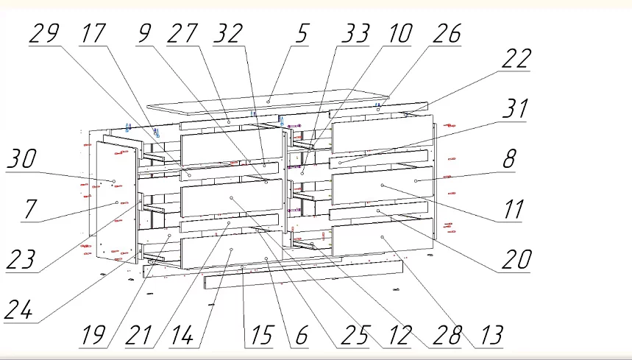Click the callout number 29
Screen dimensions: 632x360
click(x=45, y=33)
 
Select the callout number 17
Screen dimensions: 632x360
click(x=93, y=33)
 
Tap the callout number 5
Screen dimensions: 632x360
click(x=302, y=33)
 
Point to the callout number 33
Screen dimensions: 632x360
click(x=355, y=33)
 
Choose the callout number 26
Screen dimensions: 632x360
click(x=447, y=33)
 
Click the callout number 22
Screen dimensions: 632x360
click(x=516, y=58)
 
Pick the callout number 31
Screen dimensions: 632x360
click(x=516, y=109)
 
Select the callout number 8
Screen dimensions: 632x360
click(x=509, y=159)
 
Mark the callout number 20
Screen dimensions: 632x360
click(x=516, y=259)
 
